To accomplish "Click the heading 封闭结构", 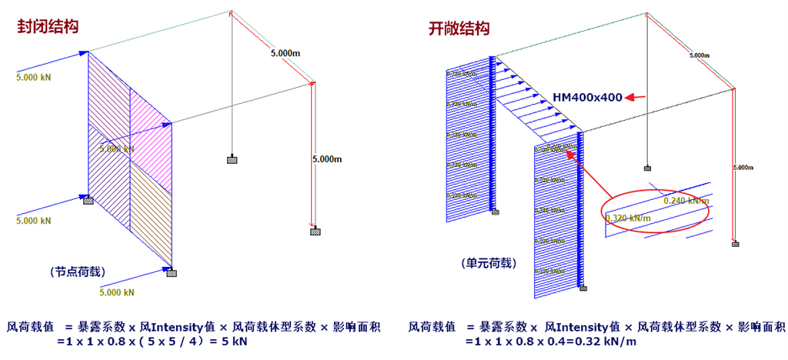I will (x=49, y=26).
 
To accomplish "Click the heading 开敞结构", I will (x=459, y=29).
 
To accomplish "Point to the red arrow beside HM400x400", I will (x=635, y=97).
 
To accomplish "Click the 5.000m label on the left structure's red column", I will (x=326, y=159).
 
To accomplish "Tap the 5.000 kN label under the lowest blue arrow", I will (x=117, y=292).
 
